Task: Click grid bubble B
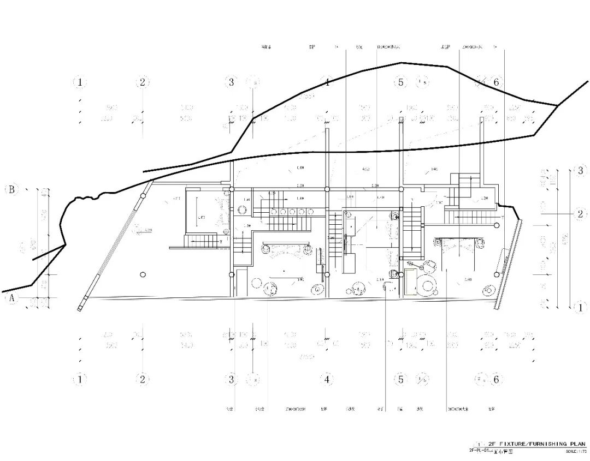11,190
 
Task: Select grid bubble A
11,298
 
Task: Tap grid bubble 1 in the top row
80,82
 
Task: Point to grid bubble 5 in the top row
401,82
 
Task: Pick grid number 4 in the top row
327,82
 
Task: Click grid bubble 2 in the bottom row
143,379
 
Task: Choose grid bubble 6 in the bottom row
496,379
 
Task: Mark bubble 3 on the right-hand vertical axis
580,171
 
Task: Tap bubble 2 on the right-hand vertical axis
580,214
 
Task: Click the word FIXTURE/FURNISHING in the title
526,445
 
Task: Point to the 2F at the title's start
492,445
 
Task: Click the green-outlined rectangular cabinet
410,282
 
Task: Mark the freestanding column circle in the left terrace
143,274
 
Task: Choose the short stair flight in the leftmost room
201,241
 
